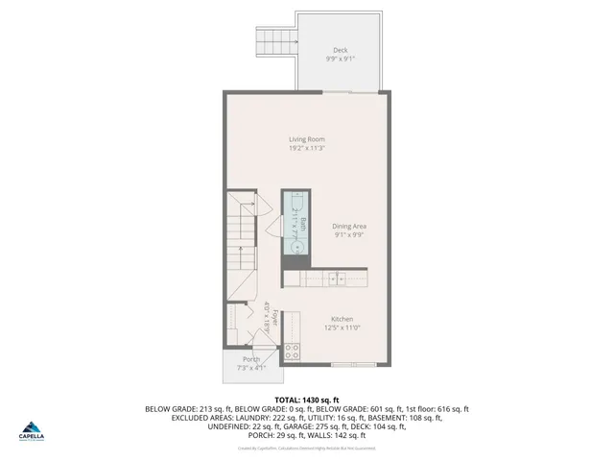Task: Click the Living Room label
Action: [307, 139]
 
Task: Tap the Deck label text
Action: [341, 50]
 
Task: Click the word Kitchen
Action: [342, 320]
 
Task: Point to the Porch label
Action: [250, 359]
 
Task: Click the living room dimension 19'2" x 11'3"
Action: [307, 148]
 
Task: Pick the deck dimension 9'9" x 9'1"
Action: [341, 59]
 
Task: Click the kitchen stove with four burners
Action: [293, 352]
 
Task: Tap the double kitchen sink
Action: [337, 279]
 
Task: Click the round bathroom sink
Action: [297, 247]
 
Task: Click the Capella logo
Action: [34, 431]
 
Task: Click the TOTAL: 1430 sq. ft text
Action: [307, 400]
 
